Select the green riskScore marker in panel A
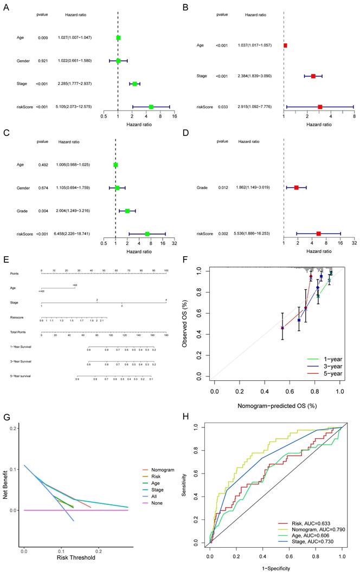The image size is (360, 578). point(151,107)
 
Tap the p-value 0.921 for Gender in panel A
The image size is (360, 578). point(42,61)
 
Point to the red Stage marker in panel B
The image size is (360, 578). point(313,76)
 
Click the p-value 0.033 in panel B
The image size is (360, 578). point(222,107)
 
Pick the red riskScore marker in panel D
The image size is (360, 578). point(319,218)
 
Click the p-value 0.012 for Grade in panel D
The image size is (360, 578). point(222,187)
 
